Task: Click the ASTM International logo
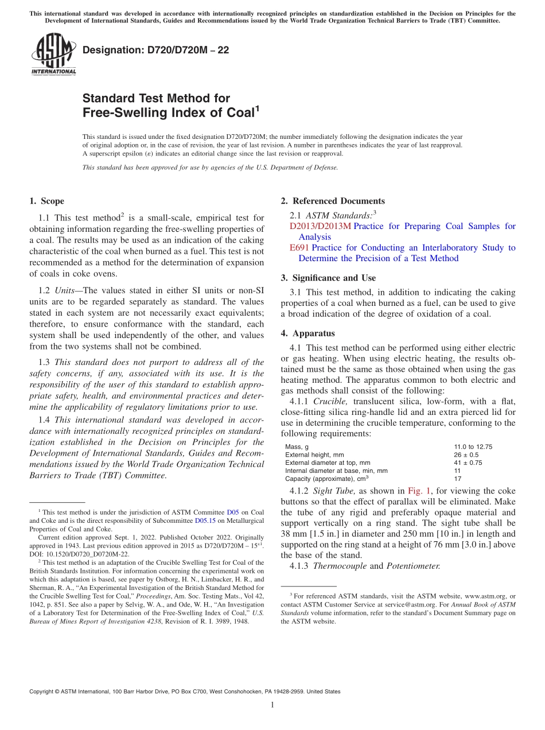point(53,55)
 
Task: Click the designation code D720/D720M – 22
point(155,51)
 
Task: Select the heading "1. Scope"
point(46,201)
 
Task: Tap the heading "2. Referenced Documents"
point(333,201)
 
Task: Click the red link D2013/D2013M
point(320,226)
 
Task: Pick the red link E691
point(299,248)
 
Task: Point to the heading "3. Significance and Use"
point(328,278)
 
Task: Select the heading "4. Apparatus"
point(307,333)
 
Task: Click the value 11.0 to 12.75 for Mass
point(473,446)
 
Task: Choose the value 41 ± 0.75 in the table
point(468,463)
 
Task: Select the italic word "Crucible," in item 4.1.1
point(332,402)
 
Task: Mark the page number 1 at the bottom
point(272,705)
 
